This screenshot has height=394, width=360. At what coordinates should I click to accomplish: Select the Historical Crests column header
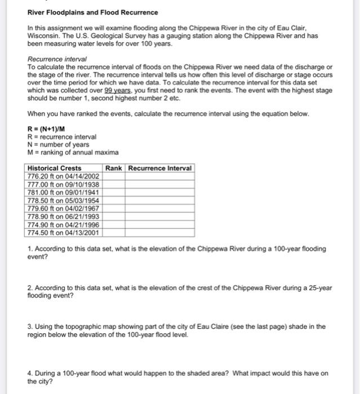(55, 168)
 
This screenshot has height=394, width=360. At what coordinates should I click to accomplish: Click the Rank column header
(114, 168)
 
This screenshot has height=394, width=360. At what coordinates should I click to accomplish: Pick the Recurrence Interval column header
(160, 168)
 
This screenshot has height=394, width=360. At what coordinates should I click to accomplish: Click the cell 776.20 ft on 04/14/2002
(64, 176)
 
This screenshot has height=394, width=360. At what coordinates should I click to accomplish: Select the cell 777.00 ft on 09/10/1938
(64, 184)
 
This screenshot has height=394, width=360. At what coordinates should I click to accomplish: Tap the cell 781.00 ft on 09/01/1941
(64, 192)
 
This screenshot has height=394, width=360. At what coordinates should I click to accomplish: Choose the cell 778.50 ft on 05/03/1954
(64, 200)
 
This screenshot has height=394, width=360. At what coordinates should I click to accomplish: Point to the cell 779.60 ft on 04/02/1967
(64, 208)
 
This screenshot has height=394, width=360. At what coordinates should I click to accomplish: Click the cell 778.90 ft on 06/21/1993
(64, 216)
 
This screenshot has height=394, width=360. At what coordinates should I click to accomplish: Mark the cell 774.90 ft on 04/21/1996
(64, 223)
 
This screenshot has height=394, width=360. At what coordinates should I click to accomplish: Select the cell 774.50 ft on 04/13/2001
(64, 231)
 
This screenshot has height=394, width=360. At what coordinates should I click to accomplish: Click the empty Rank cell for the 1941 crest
(114, 192)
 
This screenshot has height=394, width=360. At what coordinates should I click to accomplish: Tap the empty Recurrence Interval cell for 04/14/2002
(160, 176)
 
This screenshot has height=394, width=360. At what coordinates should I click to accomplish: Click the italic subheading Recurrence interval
(57, 59)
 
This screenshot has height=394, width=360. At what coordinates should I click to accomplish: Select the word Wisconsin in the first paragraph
(45, 34)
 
